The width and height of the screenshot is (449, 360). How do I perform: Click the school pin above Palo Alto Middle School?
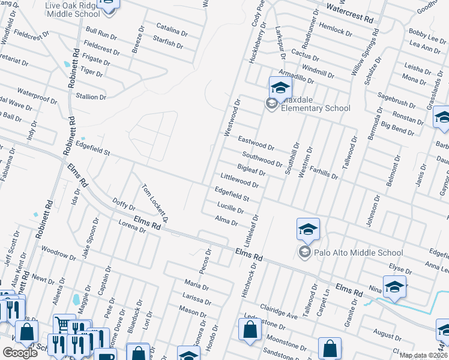[x=308, y=229]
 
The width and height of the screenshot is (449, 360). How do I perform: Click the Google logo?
[x=20, y=352]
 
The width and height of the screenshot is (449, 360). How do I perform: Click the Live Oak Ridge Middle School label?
[x=73, y=10]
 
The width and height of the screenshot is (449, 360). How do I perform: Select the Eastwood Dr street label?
[x=256, y=143]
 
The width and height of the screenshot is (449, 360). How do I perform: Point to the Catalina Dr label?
[x=172, y=27]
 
